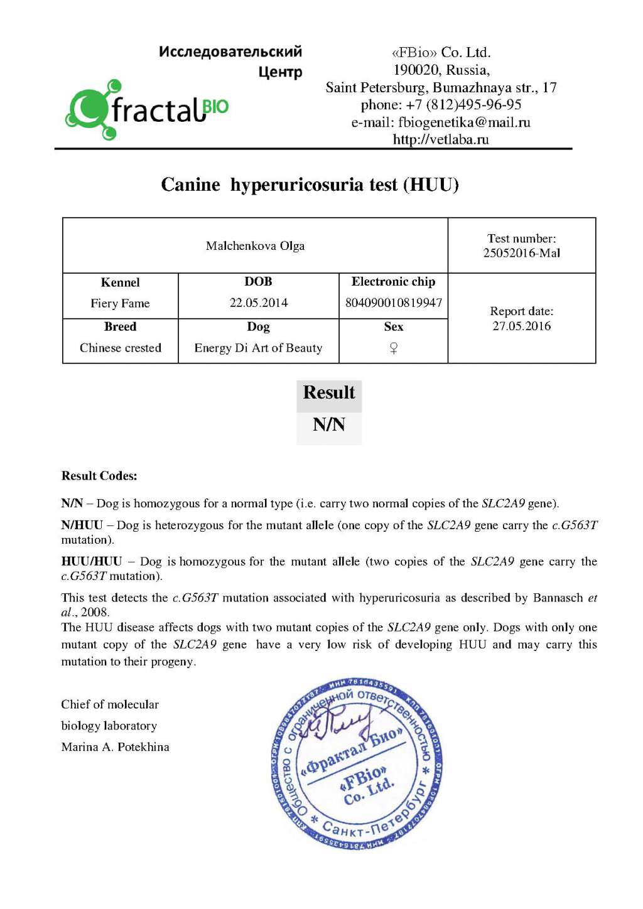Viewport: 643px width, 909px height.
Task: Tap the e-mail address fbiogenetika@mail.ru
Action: coord(441,122)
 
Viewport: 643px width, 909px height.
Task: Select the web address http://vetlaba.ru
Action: coord(441,139)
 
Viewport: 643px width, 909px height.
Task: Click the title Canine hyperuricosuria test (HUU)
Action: coord(310,185)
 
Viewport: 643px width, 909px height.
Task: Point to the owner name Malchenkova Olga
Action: coord(255,246)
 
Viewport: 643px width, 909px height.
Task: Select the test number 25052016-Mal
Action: coord(521,253)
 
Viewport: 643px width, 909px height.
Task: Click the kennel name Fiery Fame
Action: coord(120,304)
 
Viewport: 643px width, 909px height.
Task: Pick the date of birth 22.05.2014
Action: coord(258,303)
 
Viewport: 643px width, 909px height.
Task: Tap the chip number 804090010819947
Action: coord(394,303)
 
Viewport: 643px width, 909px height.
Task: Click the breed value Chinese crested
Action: coord(120,348)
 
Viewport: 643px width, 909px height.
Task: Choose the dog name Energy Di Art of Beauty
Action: coord(258,348)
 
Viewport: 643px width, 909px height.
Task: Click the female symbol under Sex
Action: coord(394,348)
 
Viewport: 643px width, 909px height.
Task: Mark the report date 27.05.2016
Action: coord(521,326)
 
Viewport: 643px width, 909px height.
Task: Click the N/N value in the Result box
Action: coord(329,425)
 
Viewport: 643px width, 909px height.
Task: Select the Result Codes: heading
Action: coord(99,476)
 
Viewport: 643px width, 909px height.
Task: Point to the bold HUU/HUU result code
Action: coord(92,562)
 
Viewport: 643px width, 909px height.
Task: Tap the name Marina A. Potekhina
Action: coord(115,747)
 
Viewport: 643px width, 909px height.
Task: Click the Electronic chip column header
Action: coord(394,282)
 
